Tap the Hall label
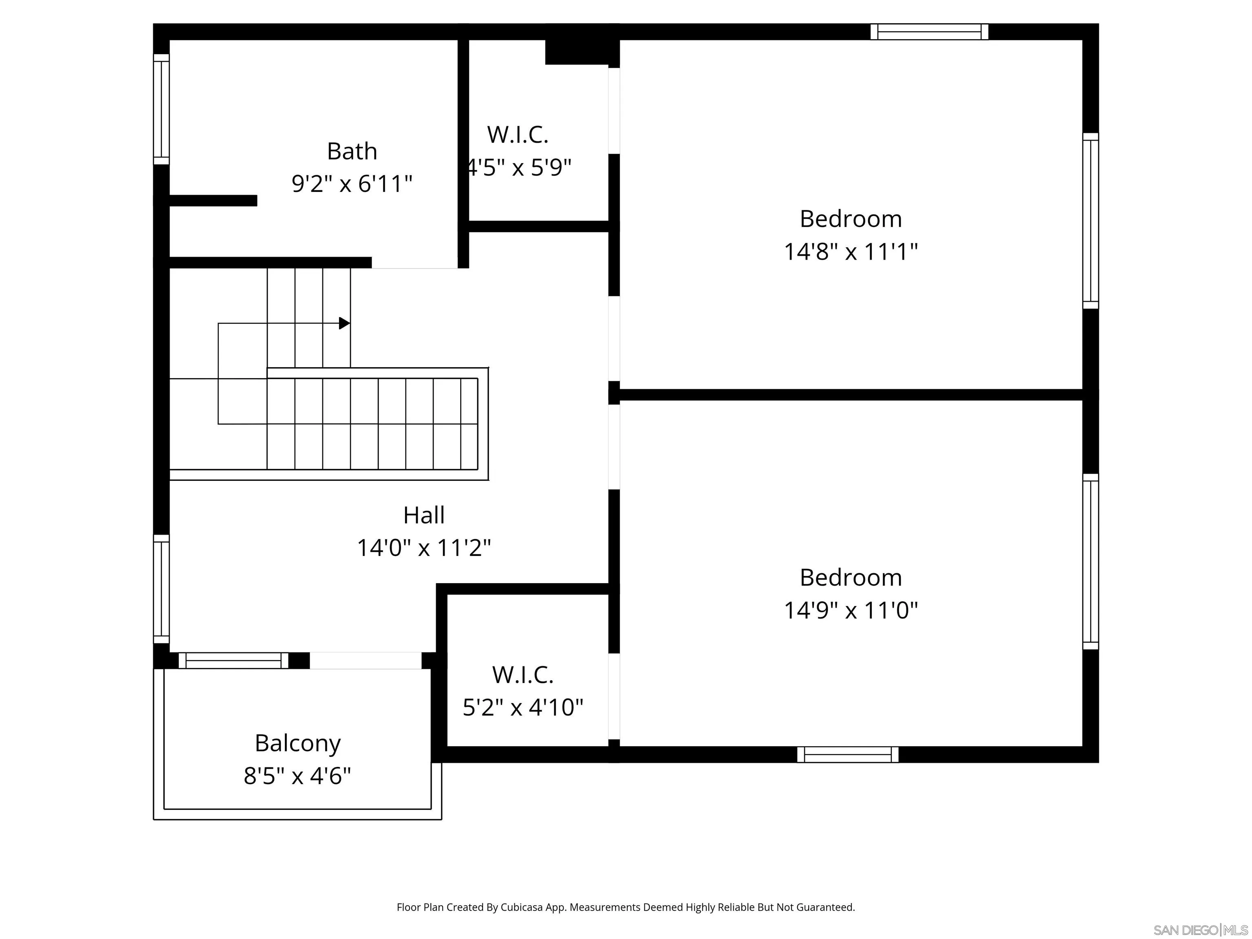[x=423, y=515]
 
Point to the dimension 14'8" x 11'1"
[x=850, y=251]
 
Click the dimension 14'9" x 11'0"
[x=850, y=610]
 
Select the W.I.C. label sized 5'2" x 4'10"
[x=522, y=674]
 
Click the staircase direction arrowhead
[x=344, y=323]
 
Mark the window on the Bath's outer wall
[x=161, y=109]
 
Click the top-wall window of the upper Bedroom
[x=929, y=32]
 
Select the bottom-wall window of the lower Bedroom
[x=847, y=754]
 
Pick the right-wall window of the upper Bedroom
[x=1090, y=221]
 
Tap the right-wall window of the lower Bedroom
[x=1090, y=562]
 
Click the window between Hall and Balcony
[x=233, y=661]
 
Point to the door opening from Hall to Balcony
[x=365, y=661]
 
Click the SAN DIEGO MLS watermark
[x=1200, y=930]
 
